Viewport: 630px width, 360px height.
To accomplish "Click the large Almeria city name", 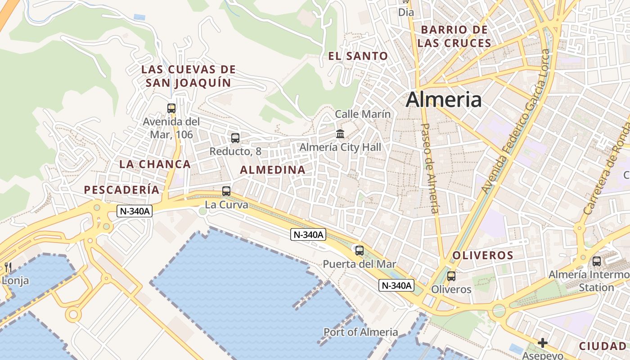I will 443,99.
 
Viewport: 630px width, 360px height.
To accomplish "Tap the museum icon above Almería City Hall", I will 340,134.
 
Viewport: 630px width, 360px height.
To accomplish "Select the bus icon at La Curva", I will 226,191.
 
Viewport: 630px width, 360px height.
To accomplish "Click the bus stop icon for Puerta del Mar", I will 359,251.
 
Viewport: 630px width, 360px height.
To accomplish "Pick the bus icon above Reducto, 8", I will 235,138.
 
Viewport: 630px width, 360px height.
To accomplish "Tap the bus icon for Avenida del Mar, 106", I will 171,108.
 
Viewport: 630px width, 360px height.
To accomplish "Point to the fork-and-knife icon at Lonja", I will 8,267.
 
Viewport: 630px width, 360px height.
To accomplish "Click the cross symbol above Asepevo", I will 543,343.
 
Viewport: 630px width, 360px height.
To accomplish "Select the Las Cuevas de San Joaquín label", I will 188,76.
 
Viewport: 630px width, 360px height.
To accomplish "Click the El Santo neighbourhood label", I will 358,56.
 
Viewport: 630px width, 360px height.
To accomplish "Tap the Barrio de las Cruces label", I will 454,36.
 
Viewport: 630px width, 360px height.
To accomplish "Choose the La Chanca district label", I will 155,164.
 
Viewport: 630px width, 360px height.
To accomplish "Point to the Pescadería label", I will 121,190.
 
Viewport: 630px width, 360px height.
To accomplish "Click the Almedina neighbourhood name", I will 273,170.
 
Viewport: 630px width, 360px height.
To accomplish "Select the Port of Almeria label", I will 360,332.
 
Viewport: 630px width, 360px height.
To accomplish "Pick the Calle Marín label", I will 363,114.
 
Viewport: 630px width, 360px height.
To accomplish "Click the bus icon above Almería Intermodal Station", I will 596,261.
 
